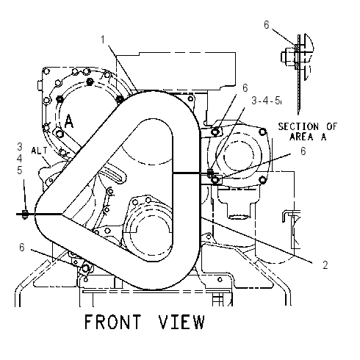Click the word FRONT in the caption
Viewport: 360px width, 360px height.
[x=112, y=322]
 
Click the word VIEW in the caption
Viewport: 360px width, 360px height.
[x=181, y=322]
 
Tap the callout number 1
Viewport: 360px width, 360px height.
[x=103, y=40]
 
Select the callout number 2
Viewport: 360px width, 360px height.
[x=325, y=264]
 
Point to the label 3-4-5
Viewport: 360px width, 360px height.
[x=266, y=101]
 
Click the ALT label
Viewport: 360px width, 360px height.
[x=39, y=151]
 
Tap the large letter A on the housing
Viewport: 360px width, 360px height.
[x=69, y=121]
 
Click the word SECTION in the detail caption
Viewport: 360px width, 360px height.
[x=298, y=126]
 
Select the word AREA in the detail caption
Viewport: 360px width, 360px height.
[x=301, y=137]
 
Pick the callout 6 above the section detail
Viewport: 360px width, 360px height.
[x=267, y=25]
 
